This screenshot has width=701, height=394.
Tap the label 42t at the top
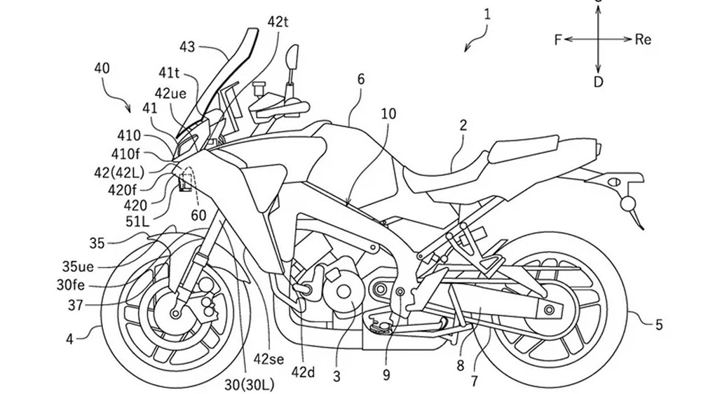(278, 22)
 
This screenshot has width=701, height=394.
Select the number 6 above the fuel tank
(361, 79)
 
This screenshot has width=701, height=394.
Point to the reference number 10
(388, 114)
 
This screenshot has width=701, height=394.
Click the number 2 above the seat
(463, 126)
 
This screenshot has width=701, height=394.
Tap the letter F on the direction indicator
(558, 40)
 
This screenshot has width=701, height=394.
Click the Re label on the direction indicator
(643, 40)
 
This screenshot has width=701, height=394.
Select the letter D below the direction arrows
(598, 82)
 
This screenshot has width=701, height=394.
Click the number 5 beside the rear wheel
(658, 324)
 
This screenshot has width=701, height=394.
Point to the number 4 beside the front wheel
(70, 339)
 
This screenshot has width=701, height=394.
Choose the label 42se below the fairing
(268, 360)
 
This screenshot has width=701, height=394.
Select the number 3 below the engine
(336, 376)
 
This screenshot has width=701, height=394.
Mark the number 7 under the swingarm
(475, 381)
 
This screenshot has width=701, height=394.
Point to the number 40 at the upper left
(102, 68)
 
